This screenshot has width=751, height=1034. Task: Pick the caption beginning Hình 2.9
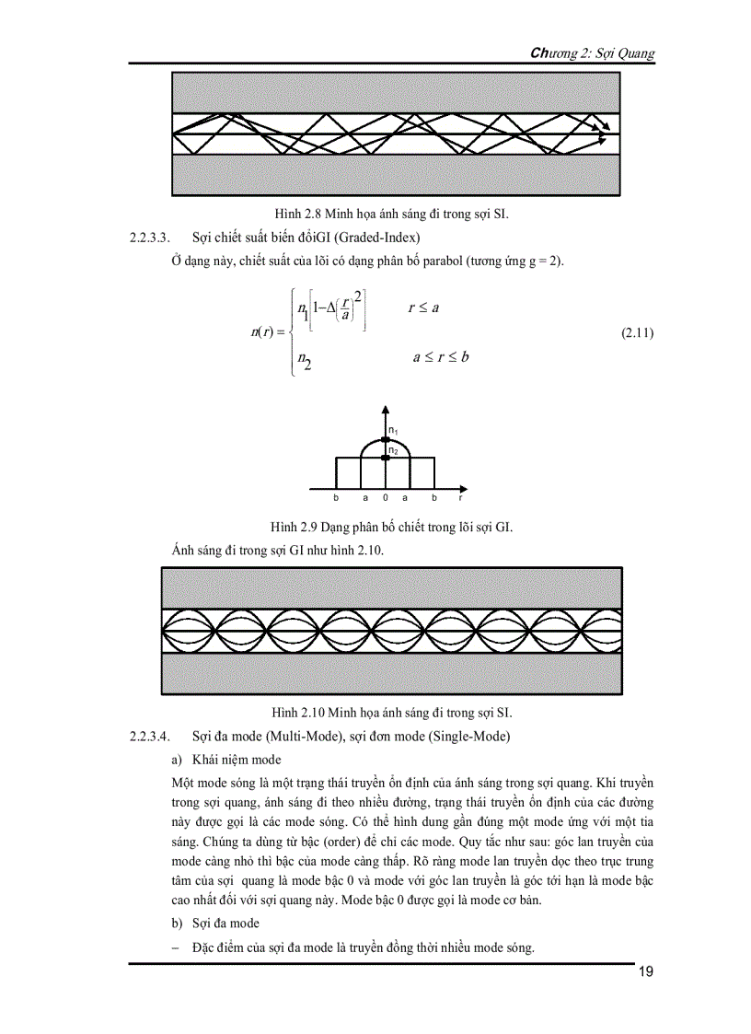[392, 527]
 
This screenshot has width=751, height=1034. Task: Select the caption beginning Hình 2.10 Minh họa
[392, 712]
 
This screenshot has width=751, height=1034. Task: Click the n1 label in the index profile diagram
[393, 430]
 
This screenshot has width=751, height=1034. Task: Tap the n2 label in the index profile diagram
[393, 450]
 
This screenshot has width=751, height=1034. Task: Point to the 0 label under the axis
[385, 498]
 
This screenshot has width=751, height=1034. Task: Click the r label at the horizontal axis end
[460, 498]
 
